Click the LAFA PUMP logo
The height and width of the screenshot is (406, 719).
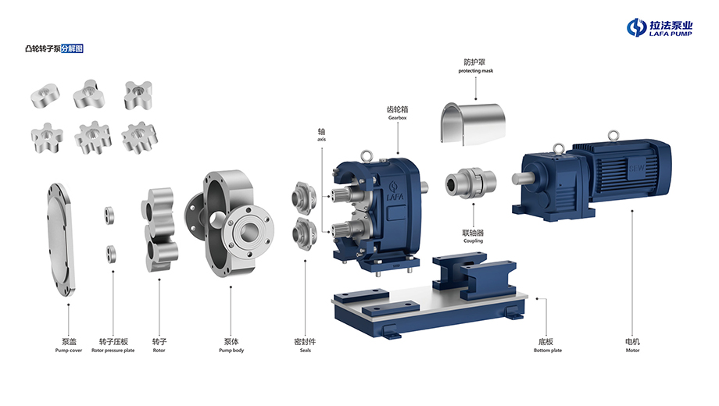pyautogui.click(x=660, y=27)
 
